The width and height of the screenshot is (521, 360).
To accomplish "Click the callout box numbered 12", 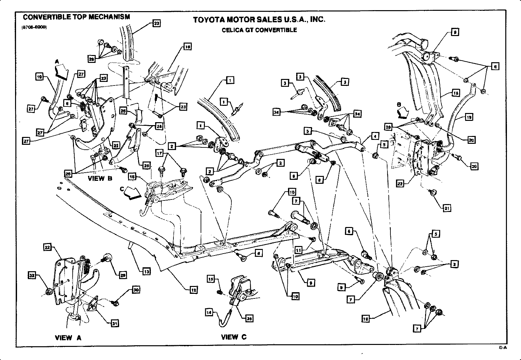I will coord(194,290).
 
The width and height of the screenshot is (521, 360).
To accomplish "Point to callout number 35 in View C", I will coord(249,318).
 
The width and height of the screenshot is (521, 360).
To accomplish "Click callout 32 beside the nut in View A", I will coord(32,276).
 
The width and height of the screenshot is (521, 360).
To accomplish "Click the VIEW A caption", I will coord(68,338).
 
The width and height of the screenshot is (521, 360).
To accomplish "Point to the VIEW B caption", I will coord(100,179).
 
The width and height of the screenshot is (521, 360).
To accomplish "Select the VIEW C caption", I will coord(234,337).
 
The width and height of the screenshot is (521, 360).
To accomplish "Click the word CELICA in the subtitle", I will coord(231,30).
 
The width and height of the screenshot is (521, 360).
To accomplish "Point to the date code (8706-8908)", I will coord(34,28).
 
